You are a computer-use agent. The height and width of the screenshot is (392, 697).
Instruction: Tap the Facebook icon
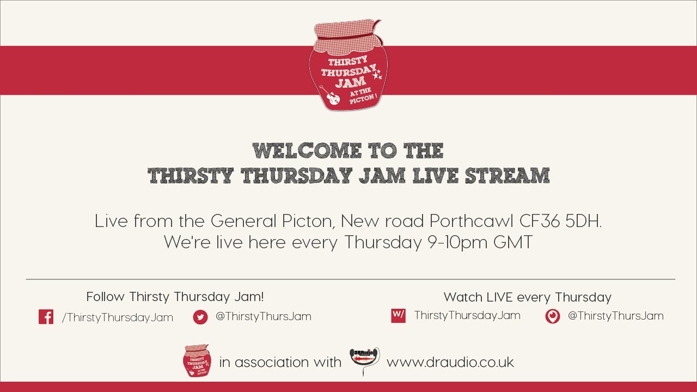(46, 317)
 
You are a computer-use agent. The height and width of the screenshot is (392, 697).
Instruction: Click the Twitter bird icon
(200, 317)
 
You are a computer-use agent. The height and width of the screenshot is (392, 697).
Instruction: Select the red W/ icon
(398, 315)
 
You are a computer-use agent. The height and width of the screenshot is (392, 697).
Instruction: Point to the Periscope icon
(553, 316)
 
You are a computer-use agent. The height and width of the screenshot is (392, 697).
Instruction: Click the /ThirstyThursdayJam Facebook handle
(118, 317)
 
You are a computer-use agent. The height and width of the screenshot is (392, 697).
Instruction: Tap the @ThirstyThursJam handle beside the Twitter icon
(264, 316)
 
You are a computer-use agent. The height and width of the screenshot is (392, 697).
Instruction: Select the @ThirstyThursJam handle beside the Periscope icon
(615, 316)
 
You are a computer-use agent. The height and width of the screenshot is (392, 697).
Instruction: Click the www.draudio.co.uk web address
(450, 362)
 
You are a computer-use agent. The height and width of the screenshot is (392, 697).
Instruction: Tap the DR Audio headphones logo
(364, 360)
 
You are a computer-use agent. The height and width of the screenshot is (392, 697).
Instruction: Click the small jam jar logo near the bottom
(197, 360)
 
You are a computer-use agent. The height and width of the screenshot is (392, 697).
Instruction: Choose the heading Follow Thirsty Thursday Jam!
(175, 297)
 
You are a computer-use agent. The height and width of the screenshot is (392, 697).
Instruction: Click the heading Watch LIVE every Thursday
(527, 297)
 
